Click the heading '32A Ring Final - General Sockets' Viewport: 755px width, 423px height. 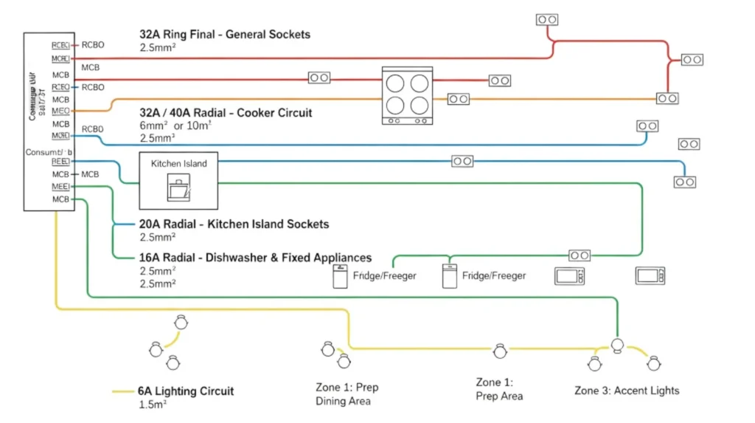pyautogui.click(x=225, y=34)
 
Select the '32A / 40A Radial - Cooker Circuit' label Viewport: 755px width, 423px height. pyautogui.click(x=226, y=113)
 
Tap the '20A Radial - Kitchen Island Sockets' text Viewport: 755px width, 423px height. pyautogui.click(x=234, y=224)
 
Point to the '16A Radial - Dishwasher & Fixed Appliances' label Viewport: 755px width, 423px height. pyautogui.click(x=255, y=258)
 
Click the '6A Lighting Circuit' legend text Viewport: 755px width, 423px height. pyautogui.click(x=187, y=391)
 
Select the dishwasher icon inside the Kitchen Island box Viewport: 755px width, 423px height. pyautogui.click(x=179, y=189)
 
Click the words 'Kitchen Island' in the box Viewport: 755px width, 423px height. pyautogui.click(x=179, y=163)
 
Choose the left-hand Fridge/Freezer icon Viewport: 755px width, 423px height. pyautogui.click(x=340, y=277)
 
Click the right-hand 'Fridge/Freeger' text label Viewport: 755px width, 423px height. pyautogui.click(x=494, y=276)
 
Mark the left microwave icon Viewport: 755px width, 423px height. pyautogui.click(x=570, y=276)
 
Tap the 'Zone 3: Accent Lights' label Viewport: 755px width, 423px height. pyautogui.click(x=627, y=391)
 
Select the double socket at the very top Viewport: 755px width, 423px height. pyautogui.click(x=546, y=19)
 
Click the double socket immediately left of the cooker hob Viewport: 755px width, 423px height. pyautogui.click(x=319, y=78)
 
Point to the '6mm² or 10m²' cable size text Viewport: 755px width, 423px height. pyautogui.click(x=175, y=125)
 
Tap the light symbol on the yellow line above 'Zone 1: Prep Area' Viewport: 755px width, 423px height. pyautogui.click(x=500, y=350)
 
